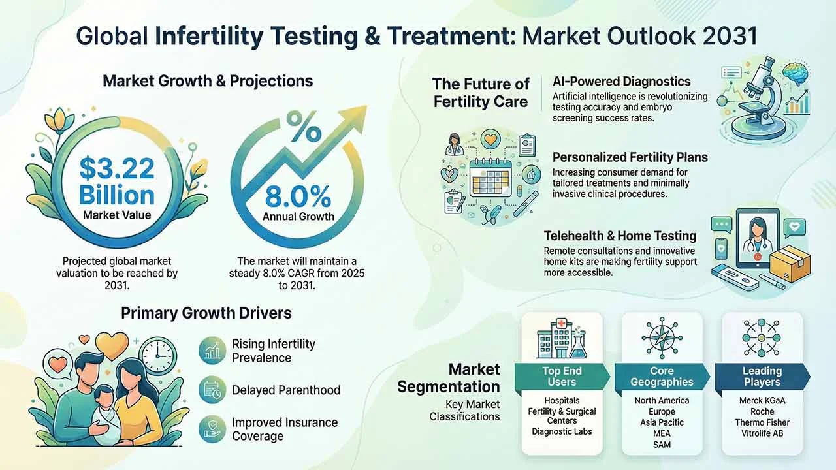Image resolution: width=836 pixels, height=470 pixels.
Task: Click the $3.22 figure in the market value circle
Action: pyautogui.click(x=117, y=168)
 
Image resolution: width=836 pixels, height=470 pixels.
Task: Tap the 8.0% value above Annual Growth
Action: pyautogui.click(x=298, y=196)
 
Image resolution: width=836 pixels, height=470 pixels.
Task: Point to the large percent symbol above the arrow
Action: pyautogui.click(x=304, y=127)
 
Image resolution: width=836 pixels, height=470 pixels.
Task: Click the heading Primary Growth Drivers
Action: pyautogui.click(x=206, y=313)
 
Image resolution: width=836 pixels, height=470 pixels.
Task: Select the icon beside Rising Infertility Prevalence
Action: pyautogui.click(x=212, y=351)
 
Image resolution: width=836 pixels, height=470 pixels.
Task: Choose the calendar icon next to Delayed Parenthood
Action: pyautogui.click(x=212, y=390)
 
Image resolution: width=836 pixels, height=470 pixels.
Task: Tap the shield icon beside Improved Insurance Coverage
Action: pyautogui.click(x=212, y=430)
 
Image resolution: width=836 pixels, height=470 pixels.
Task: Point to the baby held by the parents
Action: pyautogui.click(x=105, y=414)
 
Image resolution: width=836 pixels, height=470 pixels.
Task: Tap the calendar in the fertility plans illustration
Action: pyautogui.click(x=490, y=178)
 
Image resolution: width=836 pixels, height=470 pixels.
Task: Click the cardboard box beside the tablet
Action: pyautogui.click(x=790, y=266)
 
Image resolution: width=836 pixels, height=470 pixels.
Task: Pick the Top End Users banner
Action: pyautogui.click(x=562, y=377)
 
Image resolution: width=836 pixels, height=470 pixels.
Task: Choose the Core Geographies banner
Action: pyautogui.click(x=662, y=377)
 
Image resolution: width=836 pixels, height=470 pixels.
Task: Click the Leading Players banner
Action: pyautogui.click(x=762, y=377)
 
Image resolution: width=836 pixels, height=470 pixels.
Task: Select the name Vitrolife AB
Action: pyautogui.click(x=762, y=433)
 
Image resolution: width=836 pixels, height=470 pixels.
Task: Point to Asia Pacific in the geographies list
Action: pyautogui.click(x=662, y=422)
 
